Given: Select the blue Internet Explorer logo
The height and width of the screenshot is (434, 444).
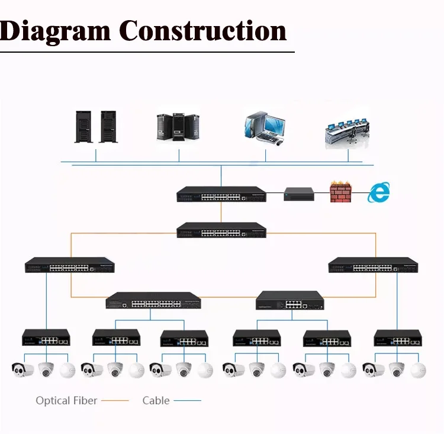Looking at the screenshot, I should [379, 192].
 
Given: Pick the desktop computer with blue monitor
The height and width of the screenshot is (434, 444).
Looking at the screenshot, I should [265, 128].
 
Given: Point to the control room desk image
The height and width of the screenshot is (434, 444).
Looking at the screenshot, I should [347, 130].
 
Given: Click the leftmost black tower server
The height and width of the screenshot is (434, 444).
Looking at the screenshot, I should [84, 126].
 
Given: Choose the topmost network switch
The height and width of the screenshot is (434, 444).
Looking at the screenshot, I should [221, 194].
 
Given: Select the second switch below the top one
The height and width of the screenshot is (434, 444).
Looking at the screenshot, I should [221, 230].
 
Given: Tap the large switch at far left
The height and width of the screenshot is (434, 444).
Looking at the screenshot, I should [69, 265].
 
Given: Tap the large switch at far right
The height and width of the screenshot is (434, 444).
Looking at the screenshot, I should [373, 265].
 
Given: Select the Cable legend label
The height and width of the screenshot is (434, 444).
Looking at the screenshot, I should [156, 401].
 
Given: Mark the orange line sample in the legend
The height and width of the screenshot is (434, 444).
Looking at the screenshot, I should [115, 401].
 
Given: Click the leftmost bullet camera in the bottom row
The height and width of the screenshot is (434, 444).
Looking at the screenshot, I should [22, 370].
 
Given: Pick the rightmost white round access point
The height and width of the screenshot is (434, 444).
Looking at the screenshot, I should [418, 370].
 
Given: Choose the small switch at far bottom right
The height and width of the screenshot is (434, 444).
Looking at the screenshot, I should [397, 338].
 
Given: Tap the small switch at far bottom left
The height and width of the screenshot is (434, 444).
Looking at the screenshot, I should [46, 337].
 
